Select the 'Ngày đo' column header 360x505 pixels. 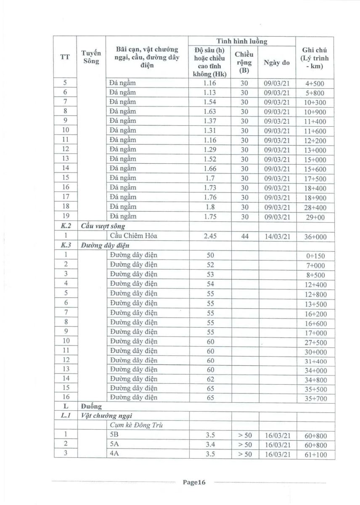276,63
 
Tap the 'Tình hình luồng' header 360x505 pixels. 241,41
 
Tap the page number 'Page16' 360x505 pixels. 194,483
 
